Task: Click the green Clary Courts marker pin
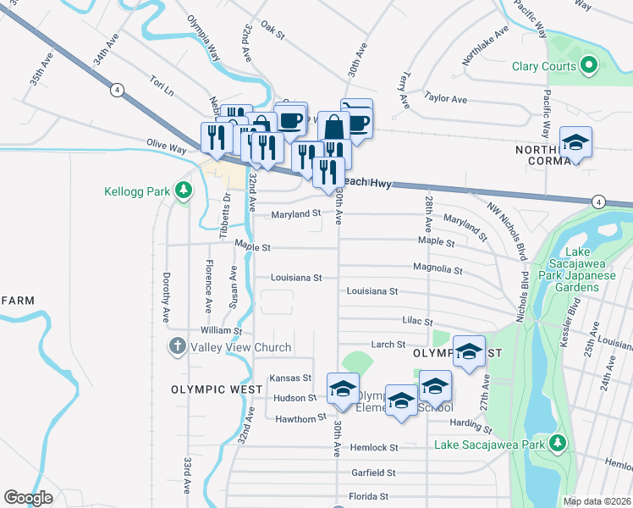click(x=589, y=66)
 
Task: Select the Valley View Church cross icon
click(x=178, y=347)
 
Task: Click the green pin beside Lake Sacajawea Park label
click(x=557, y=444)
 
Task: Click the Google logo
click(x=29, y=498)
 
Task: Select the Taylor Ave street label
click(x=446, y=99)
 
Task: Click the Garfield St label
click(x=374, y=472)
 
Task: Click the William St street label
click(x=221, y=330)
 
